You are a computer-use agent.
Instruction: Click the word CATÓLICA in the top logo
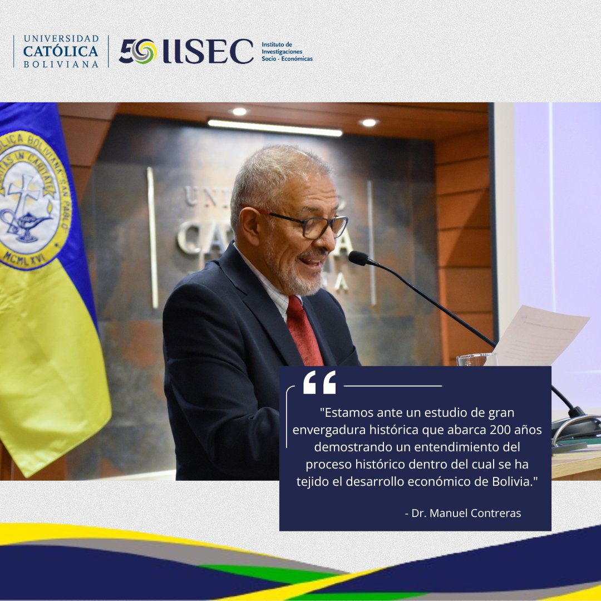61,51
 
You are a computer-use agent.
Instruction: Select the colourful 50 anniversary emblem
137,52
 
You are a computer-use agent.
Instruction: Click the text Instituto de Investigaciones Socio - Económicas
287,51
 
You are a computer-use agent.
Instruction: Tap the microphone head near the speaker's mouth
358,258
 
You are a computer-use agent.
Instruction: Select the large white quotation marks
319,383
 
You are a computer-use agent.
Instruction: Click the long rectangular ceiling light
275,127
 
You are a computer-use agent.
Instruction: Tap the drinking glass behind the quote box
476,359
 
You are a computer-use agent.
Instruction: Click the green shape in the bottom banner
262,573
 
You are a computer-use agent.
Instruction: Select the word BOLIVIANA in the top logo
61,64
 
